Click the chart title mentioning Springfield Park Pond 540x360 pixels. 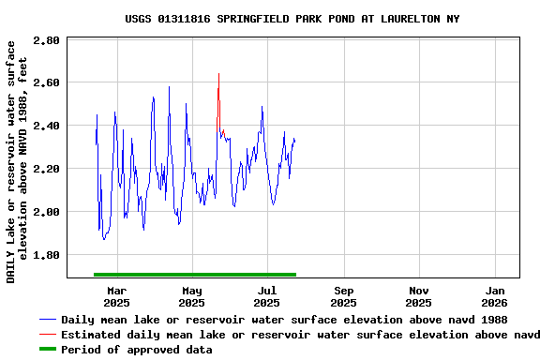(x=292, y=19)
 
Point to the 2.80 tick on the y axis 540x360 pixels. (x=46, y=41)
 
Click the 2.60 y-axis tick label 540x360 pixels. (x=46, y=82)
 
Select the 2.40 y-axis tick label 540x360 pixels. (x=46, y=126)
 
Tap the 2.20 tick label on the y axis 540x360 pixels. (x=46, y=169)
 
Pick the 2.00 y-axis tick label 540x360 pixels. (x=46, y=212)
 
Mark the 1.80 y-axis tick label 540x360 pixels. (x=46, y=255)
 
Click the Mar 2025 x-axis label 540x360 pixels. (x=116, y=296)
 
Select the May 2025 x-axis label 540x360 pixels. (x=192, y=296)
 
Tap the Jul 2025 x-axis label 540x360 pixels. (x=268, y=296)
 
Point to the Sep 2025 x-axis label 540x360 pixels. (x=344, y=296)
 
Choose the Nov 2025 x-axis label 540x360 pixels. (x=420, y=296)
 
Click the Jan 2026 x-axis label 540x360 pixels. (x=496, y=296)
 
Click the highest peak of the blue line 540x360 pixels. (x=218, y=74)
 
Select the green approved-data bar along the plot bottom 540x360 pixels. (x=195, y=275)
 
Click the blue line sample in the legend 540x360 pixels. (x=47, y=320)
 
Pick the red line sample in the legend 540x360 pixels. (x=47, y=335)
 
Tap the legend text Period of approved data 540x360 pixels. (x=137, y=350)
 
